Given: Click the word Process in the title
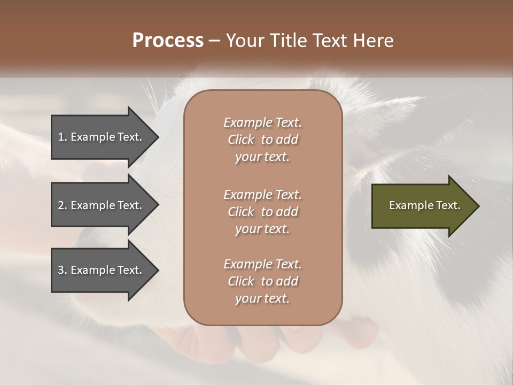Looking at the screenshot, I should [x=168, y=41].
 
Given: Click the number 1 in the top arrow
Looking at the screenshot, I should [x=60, y=137].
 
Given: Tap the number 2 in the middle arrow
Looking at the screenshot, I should [x=61, y=205].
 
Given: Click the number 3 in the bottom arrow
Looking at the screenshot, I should [x=61, y=270].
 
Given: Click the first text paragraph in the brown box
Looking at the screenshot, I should [x=262, y=140].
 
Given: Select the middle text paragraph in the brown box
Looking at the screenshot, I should [x=262, y=212].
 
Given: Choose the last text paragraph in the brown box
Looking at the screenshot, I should [x=262, y=281].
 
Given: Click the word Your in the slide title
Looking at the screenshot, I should [x=245, y=41].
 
